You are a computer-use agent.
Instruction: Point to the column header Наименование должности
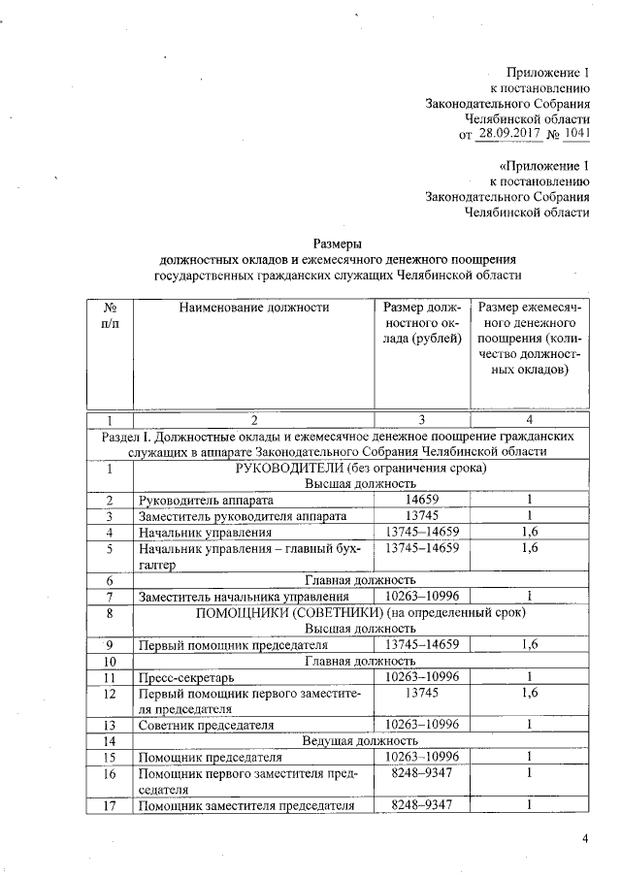(254, 309)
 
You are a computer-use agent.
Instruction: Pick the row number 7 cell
(111, 596)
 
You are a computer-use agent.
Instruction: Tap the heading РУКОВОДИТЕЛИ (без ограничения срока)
(361, 468)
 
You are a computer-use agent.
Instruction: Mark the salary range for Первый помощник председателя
(421, 644)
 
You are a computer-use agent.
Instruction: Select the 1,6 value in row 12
(530, 693)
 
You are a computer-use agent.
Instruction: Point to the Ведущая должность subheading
(361, 741)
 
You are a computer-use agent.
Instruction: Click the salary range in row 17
(421, 805)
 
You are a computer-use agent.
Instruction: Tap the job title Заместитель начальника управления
(243, 596)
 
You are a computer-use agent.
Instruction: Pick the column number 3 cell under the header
(421, 419)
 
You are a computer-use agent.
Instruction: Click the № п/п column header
(111, 316)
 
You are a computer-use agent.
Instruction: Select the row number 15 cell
(111, 757)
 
